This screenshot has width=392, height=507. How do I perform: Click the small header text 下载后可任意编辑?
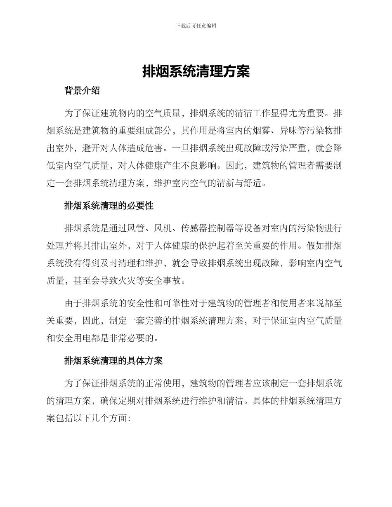tap(196, 26)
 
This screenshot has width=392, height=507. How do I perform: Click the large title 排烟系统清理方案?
tap(196, 72)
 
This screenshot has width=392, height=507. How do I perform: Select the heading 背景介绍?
tap(82, 91)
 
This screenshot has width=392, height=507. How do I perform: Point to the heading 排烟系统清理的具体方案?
tap(113, 361)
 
